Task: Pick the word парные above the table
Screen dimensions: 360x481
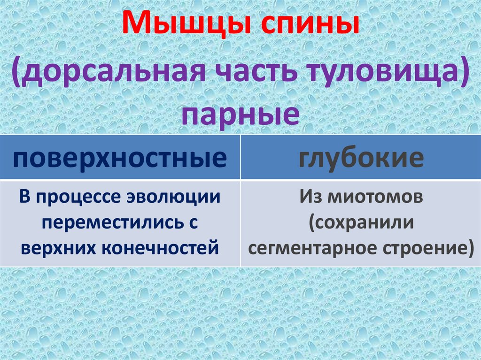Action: point(240,114)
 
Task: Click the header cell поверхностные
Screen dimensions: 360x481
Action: point(120,158)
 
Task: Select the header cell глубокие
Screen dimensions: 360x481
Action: point(361,158)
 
